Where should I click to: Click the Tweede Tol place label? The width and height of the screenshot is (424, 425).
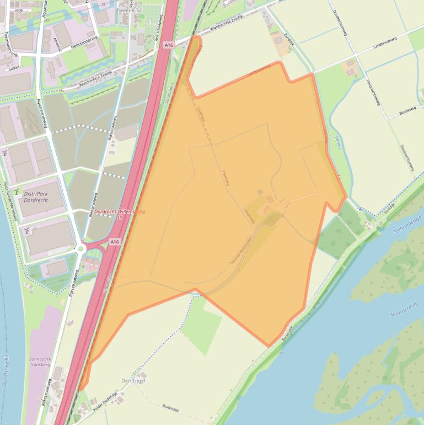[130, 10]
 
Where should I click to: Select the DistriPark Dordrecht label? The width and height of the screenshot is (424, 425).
[36, 197]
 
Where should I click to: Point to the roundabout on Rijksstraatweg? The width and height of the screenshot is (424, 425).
[81, 248]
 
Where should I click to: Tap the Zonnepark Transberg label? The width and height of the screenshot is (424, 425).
[40, 362]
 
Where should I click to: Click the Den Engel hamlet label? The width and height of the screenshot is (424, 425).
[132, 381]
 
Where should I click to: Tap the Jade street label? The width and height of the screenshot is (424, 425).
[19, 10]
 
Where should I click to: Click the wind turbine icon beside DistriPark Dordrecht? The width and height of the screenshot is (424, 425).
[17, 192]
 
